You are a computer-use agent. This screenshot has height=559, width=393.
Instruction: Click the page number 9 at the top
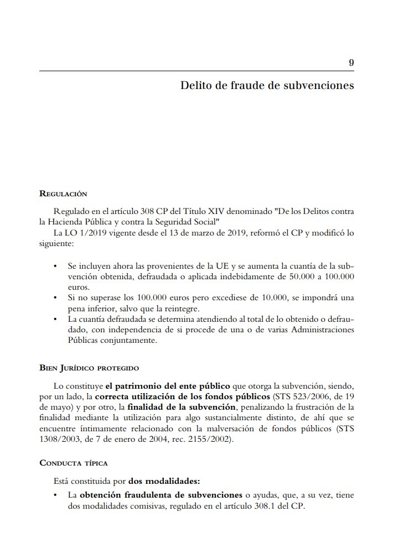click(351, 62)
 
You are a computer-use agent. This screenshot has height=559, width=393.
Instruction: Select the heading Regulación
click(63, 194)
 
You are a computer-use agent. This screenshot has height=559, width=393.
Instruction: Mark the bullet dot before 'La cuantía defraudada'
click(55, 320)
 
